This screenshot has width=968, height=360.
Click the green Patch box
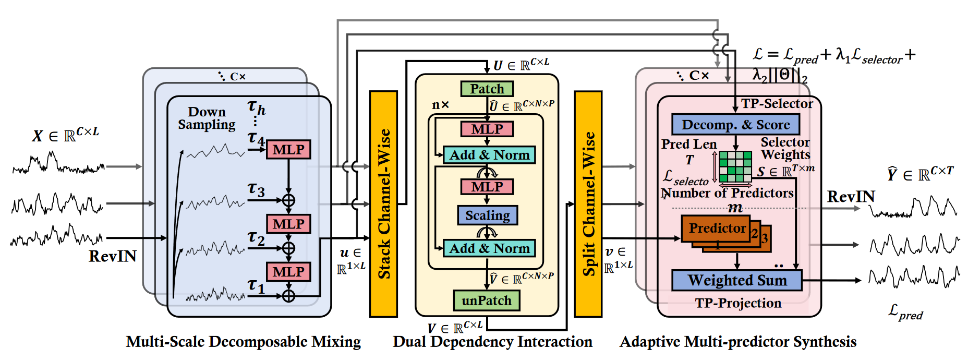point(487,89)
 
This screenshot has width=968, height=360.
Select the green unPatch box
point(486,301)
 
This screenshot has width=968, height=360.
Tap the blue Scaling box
point(487,215)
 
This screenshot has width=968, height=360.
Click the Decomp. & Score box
point(735,125)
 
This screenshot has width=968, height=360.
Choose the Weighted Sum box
point(736,280)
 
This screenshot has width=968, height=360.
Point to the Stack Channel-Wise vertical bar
point(383,203)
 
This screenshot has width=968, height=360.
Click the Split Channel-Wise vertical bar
point(588,203)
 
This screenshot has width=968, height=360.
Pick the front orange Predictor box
point(716,229)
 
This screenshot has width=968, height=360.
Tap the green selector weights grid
point(735,166)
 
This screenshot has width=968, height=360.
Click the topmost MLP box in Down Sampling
point(288,150)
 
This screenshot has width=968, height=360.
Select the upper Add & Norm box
point(489,155)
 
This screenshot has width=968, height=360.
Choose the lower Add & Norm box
point(489,248)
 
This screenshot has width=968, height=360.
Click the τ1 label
point(256,285)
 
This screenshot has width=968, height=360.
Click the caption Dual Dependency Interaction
point(492,342)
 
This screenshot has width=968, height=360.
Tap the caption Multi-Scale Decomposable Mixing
point(243,342)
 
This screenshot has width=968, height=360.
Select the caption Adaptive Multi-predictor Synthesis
point(737,342)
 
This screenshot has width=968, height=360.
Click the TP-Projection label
point(737,303)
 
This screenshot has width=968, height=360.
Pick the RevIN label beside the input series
point(113,256)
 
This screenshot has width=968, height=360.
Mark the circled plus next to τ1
point(288,296)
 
